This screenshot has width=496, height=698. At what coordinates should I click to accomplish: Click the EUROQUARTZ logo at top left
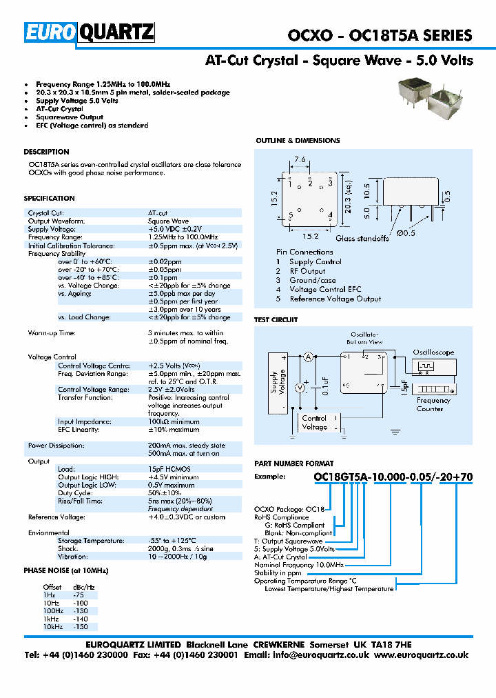(x=90, y=32)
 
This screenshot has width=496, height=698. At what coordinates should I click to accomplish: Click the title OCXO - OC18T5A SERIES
(x=379, y=35)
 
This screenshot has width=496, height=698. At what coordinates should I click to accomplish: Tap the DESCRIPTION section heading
(x=46, y=152)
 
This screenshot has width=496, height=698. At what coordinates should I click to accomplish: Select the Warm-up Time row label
(x=52, y=333)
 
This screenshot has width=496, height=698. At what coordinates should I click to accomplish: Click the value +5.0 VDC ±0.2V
(x=175, y=229)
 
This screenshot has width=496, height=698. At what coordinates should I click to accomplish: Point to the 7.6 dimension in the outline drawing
(x=300, y=160)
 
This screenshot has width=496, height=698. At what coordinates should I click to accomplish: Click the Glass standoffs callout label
(x=363, y=239)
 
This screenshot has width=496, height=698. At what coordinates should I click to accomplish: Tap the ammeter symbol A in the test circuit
(x=309, y=356)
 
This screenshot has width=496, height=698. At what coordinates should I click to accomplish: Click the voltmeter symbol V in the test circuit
(x=300, y=388)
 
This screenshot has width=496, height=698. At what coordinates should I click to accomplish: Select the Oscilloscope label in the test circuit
(x=433, y=352)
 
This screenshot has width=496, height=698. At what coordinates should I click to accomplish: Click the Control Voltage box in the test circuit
(x=315, y=423)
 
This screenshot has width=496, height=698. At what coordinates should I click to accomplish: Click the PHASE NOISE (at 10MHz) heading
(x=66, y=570)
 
